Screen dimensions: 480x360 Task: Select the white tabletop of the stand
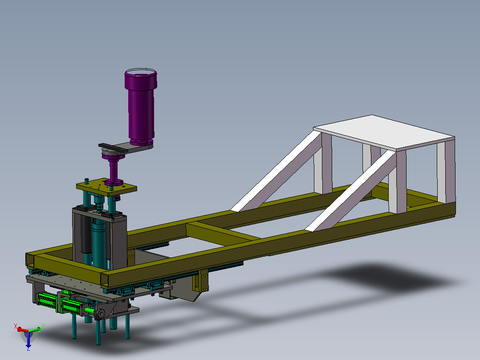tap(384, 132)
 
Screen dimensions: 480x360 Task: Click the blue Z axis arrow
tap(28, 339)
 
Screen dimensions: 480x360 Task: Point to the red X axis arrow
tap(22, 330)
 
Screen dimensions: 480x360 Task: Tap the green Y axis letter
tap(43, 326)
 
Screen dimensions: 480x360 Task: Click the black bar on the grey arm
tap(113, 147)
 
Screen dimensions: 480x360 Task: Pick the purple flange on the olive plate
tap(114, 183)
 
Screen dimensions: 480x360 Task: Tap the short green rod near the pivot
tap(89, 311)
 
